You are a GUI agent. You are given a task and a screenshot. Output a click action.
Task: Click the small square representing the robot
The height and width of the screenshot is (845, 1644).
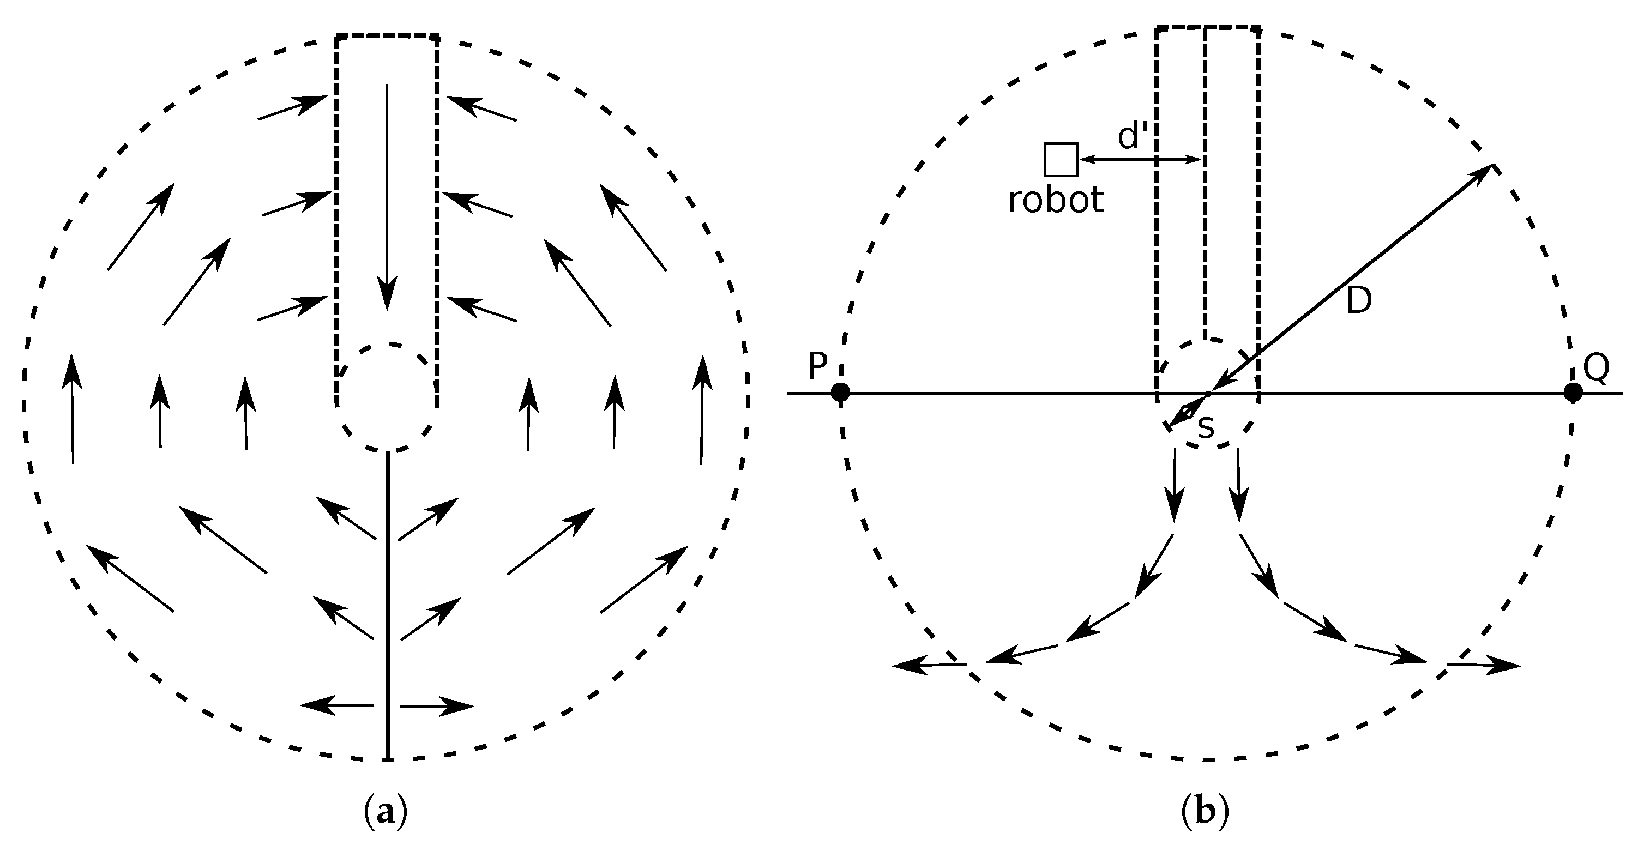[1060, 160]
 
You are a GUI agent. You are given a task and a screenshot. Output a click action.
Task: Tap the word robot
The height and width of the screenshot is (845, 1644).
[1056, 201]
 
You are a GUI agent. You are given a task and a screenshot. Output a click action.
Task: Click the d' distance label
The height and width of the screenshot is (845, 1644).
[1133, 137]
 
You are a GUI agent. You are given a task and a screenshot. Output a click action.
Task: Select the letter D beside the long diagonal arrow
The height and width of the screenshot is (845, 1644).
[1359, 300]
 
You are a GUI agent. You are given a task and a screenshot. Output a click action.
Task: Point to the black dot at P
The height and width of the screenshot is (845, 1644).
[840, 393]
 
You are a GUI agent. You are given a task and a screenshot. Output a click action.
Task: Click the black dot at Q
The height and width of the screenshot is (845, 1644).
[1573, 393]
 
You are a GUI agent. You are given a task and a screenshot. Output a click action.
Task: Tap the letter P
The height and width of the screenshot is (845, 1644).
[817, 366]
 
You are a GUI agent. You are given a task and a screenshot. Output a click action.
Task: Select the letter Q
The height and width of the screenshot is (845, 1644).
[1596, 368]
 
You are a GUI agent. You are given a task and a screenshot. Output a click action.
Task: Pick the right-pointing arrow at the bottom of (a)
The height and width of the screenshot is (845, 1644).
[437, 707]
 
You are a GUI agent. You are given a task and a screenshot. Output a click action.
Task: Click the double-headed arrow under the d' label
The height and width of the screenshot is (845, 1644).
[1140, 160]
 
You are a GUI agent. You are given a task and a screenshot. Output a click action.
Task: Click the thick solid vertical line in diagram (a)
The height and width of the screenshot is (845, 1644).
[387, 606]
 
